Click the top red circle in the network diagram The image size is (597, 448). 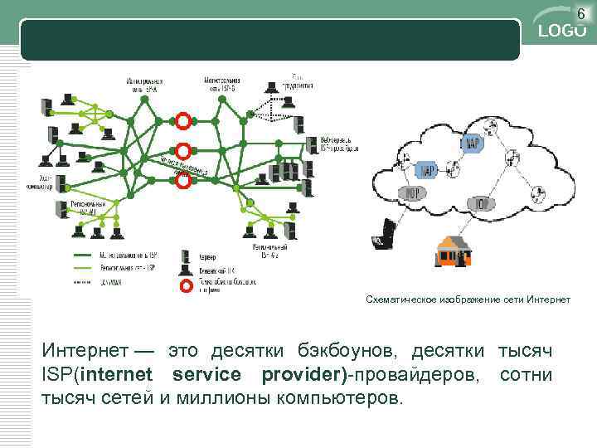tap(184, 119)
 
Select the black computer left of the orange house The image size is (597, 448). tap(384, 234)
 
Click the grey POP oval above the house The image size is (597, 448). tap(482, 203)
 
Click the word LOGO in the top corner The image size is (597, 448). tap(563, 31)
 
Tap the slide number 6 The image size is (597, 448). tap(581, 12)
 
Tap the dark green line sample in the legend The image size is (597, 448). tap(91, 256)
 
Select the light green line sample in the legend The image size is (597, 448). tap(91, 268)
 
